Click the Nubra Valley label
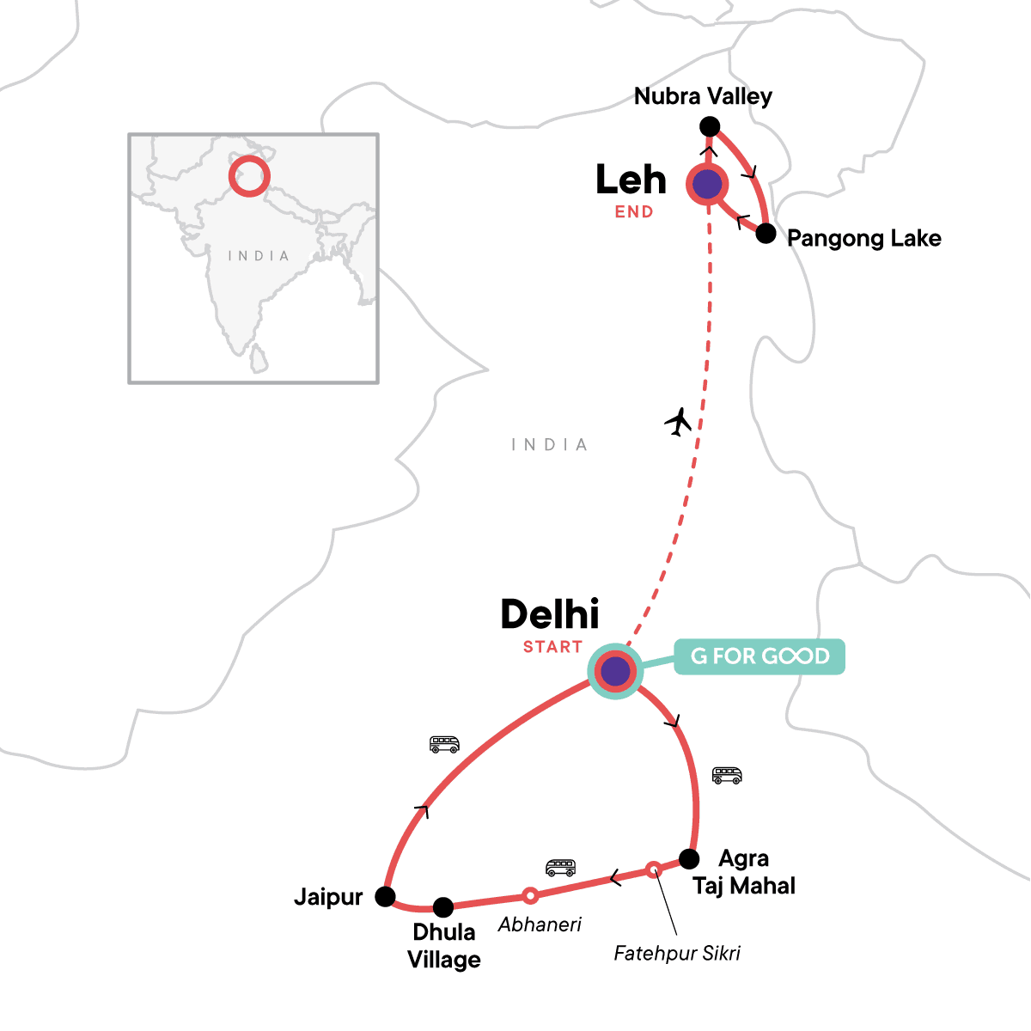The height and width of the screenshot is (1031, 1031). [703, 96]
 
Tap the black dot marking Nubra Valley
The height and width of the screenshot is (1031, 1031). [710, 127]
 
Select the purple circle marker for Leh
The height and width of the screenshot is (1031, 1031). [707, 184]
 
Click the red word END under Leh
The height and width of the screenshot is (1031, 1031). [634, 212]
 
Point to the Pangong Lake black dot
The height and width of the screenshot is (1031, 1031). [766, 233]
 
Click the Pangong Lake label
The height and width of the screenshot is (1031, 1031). [863, 238]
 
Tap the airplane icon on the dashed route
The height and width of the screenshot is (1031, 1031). [679, 422]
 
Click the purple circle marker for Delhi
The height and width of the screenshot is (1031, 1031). [615, 671]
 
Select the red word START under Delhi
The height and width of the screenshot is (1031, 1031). [552, 647]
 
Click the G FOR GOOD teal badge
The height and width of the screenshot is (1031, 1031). [760, 656]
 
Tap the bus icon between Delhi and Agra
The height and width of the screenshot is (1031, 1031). [727, 776]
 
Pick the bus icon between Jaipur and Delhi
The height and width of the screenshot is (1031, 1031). [444, 744]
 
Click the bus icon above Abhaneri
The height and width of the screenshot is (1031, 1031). [560, 867]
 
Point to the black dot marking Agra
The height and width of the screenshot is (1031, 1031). [689, 858]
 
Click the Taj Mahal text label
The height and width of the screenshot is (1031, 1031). [744, 886]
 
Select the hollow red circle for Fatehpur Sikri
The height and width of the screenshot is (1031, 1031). [654, 869]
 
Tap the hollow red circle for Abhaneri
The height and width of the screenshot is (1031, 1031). [531, 895]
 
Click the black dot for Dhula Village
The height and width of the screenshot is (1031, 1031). [442, 906]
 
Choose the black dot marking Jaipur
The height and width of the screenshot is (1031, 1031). [386, 897]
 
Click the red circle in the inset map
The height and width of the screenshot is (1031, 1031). [249, 175]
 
